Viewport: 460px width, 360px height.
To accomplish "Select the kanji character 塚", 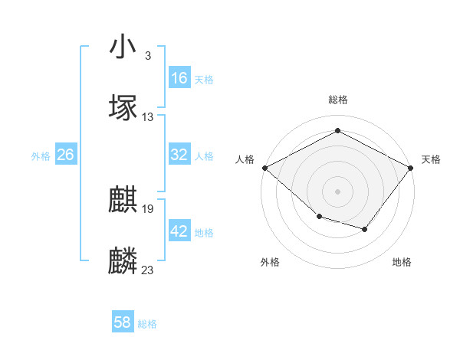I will [123, 107].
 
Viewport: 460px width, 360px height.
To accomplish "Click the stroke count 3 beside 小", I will [147, 55].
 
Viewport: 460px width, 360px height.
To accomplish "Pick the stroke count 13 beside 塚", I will [148, 116].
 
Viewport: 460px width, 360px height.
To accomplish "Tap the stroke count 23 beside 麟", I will [148, 270].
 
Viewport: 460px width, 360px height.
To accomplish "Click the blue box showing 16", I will [179, 78].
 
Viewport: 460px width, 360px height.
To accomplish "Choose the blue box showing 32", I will [179, 155].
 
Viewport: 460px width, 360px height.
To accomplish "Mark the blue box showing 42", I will [179, 231].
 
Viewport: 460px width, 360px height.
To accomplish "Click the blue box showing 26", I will [66, 155].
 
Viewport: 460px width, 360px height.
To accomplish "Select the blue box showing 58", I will [123, 322].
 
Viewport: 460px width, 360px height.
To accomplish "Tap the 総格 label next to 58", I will [147, 324].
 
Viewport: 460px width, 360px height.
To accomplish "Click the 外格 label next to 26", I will [41, 156].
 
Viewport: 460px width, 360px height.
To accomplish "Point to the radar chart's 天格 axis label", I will [431, 159].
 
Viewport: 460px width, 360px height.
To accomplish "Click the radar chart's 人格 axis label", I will [245, 159].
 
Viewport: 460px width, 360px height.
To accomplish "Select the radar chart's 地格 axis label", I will [402, 262].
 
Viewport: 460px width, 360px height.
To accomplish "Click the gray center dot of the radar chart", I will [338, 191].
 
